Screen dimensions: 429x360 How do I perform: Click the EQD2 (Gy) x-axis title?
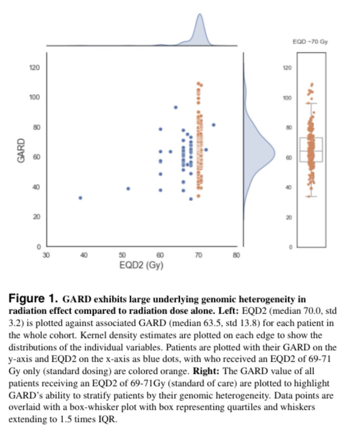click(141, 266)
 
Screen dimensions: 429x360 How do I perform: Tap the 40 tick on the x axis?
click(84, 255)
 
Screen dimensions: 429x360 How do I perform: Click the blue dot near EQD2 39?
click(81, 198)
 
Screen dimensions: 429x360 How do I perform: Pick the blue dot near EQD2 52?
click(128, 188)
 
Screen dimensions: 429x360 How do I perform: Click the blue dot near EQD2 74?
click(214, 125)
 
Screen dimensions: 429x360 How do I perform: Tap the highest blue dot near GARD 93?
click(175, 107)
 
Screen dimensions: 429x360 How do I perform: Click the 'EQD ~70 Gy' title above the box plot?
click(310, 42)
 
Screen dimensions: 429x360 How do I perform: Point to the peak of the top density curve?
click(200, 15)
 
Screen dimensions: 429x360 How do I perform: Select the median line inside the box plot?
click(311, 151)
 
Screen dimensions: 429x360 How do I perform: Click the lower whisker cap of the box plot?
click(311, 196)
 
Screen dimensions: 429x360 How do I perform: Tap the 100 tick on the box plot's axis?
click(291, 98)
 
